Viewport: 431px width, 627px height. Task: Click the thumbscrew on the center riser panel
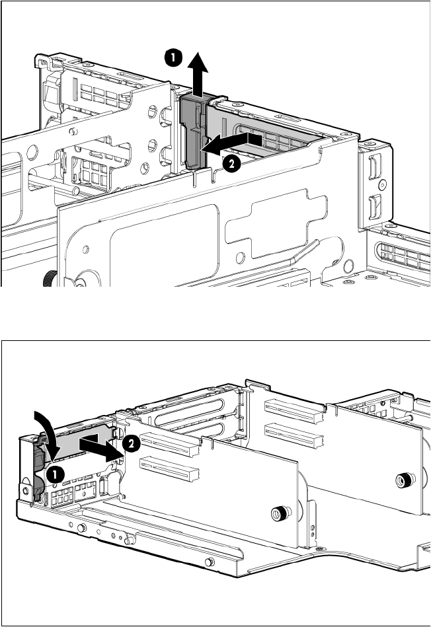pos(282,513)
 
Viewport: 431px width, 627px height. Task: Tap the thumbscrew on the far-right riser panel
pos(402,480)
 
